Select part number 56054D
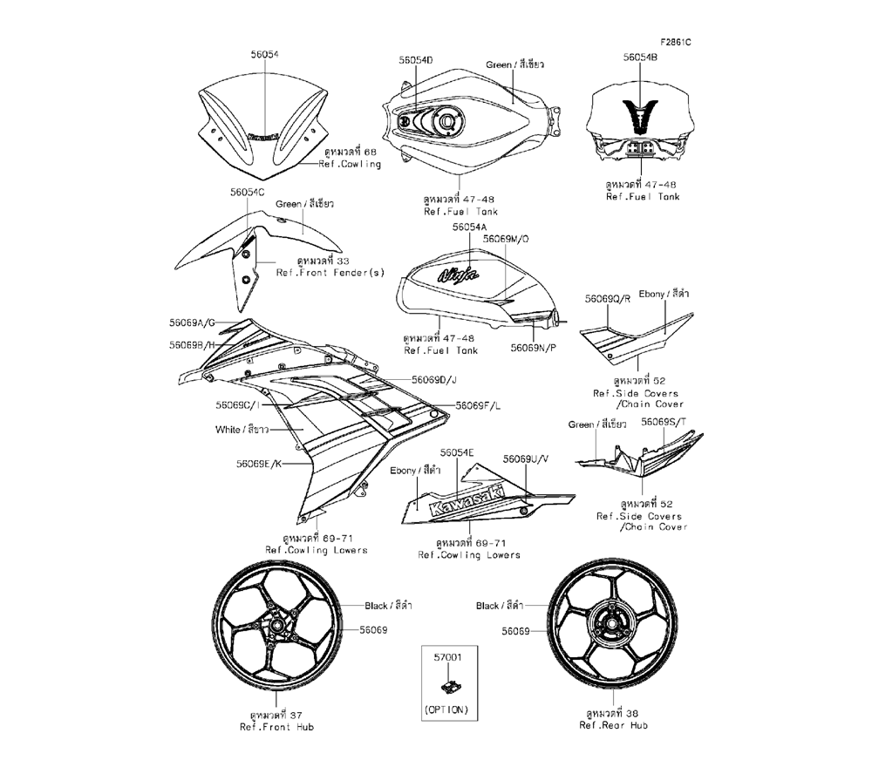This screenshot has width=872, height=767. (x=416, y=60)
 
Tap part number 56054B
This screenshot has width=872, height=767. (x=640, y=57)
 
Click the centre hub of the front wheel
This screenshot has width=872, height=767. (x=276, y=627)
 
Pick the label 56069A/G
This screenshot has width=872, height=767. (x=193, y=322)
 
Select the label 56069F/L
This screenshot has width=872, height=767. (x=479, y=406)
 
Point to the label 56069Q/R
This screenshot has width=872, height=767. (x=607, y=298)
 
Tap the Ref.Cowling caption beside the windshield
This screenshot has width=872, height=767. (x=350, y=164)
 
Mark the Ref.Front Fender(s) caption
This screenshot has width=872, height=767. (x=330, y=272)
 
